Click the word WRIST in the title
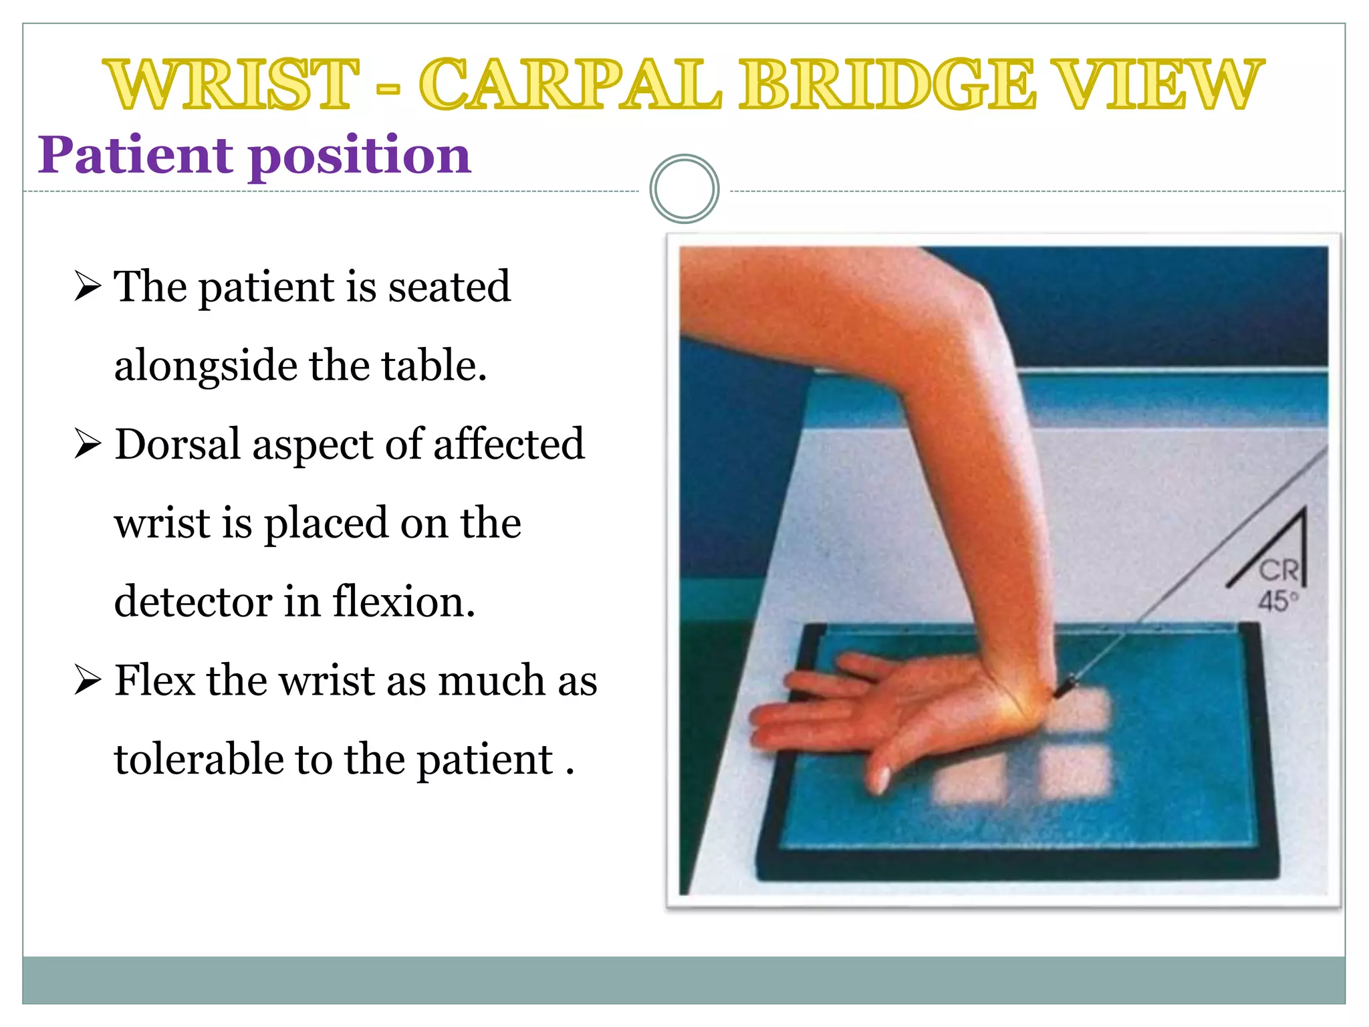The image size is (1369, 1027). point(231,84)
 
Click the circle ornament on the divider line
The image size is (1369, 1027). point(684,189)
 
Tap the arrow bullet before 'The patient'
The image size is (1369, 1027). point(88,286)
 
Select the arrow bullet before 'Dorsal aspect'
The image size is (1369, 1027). point(88,443)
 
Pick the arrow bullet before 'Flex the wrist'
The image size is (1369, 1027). point(88,680)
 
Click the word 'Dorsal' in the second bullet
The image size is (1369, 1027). point(178,443)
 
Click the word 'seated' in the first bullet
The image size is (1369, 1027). point(449,286)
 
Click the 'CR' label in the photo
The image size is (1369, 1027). point(1278,570)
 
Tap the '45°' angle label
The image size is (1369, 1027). point(1277,600)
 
